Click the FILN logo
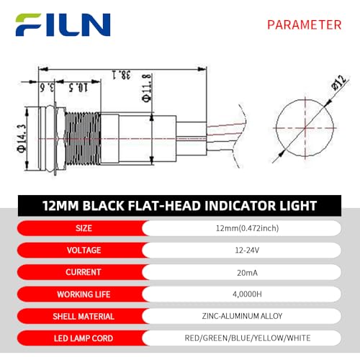[63, 24]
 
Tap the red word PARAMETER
[305, 25]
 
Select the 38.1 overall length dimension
[122, 75]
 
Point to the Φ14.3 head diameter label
[22, 138]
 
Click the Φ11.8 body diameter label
[147, 89]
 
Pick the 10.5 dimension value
[78, 87]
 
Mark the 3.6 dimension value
[47, 87]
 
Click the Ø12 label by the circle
[339, 82]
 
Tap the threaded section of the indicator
[83, 138]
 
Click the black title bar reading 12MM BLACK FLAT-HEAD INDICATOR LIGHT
[179, 206]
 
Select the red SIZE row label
[84, 228]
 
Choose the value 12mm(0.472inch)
[247, 228]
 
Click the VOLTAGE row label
[84, 250]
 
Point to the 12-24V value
[247, 251]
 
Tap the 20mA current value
[247, 273]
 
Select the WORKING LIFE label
[84, 294]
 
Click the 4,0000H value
[247, 294]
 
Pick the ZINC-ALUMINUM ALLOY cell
[242, 316]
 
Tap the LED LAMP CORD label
[84, 338]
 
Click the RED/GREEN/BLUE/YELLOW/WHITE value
[248, 338]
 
